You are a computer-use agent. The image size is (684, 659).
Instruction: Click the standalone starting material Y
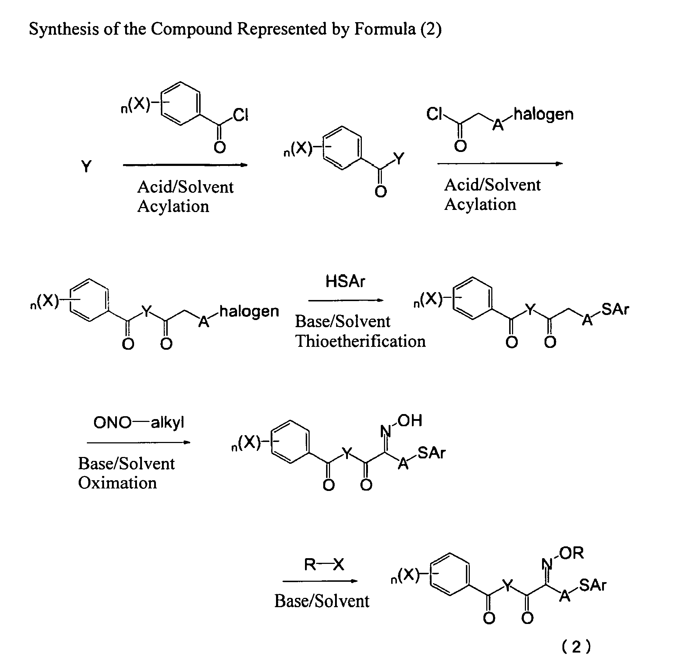87,167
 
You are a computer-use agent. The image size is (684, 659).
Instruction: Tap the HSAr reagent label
345,282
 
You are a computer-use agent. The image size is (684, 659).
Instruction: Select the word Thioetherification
360,341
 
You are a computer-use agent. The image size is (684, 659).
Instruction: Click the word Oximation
117,483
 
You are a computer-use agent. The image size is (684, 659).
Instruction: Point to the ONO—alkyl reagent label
139,423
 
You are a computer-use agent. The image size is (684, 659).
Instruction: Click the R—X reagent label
324,565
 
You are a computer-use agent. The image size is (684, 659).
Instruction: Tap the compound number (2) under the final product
576,646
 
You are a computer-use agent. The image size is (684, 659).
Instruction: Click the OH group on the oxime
410,421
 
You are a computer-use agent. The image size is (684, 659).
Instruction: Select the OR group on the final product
571,553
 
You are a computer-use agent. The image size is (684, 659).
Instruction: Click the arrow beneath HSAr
346,300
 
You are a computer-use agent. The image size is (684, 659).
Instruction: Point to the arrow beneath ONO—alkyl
138,443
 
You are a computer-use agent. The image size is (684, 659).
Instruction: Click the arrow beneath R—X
320,581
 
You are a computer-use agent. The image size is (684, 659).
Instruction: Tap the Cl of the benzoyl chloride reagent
240,115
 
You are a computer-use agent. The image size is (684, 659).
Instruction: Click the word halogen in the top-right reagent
543,114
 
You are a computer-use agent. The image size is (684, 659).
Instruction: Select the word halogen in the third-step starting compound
249,311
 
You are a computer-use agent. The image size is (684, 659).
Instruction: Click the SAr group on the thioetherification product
615,309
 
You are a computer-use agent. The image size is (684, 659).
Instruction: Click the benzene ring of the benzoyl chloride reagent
180,104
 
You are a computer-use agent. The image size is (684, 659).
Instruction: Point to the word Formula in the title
385,29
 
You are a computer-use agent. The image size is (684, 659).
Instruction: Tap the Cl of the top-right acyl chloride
434,114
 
